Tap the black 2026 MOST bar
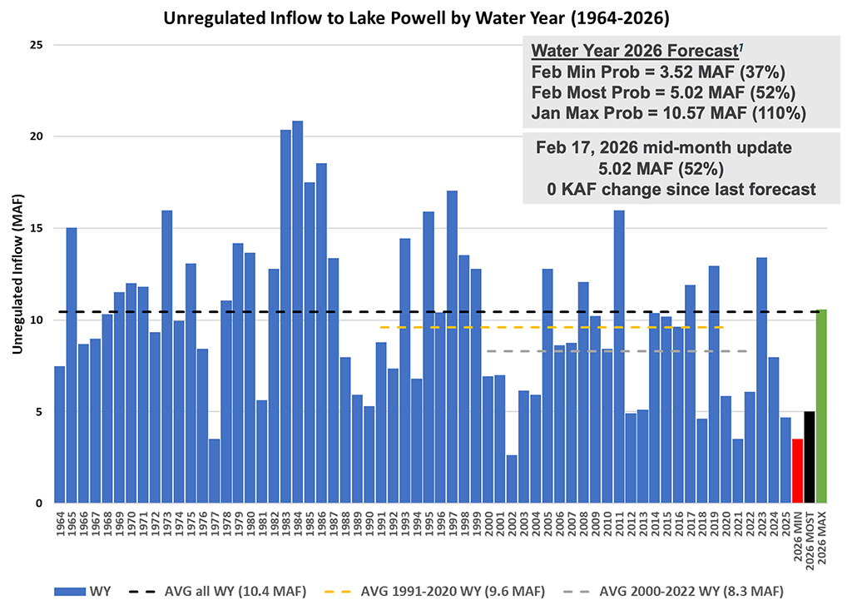pos(810,457)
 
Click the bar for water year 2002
pos(512,479)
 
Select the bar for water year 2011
pos(619,357)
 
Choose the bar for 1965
pos(72,365)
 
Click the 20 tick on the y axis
pos(36,136)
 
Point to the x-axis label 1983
pos(285,523)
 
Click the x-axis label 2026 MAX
pos(821,533)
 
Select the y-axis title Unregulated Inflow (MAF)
pos(17,275)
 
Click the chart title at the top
pos(425,17)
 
